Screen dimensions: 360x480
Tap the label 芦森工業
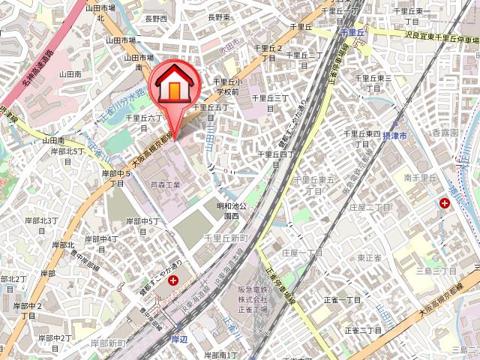pyautogui.click(x=165, y=184)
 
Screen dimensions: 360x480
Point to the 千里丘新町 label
pyautogui.click(x=226, y=238)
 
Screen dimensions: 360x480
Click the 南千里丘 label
pyautogui.click(x=420, y=178)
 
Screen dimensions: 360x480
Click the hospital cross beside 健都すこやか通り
pyautogui.click(x=174, y=280)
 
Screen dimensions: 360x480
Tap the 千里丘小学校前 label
pyautogui.click(x=226, y=86)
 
